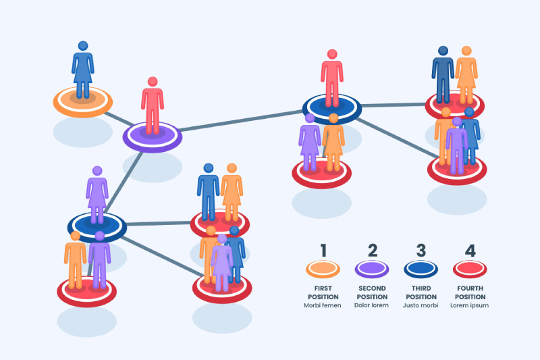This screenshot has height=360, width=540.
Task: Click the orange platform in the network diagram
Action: point(82,102)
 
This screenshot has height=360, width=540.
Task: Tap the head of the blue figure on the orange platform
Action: point(83,46)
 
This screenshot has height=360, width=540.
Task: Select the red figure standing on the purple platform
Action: point(153,105)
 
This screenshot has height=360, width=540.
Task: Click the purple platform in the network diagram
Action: point(153,137)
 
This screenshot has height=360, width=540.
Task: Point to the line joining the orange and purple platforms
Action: point(119,119)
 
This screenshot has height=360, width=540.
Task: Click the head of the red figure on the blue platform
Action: point(332,54)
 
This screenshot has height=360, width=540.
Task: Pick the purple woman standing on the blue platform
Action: point(97,195)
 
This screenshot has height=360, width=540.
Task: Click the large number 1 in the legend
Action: point(323,251)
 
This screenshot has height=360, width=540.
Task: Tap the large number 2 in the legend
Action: point(373,251)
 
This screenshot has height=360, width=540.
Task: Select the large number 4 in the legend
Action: point(470,251)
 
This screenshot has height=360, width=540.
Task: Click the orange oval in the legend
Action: point(323,269)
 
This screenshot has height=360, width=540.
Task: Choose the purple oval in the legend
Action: point(372,269)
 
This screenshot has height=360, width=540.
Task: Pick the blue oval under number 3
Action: point(421,269)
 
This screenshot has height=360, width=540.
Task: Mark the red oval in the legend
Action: point(470,269)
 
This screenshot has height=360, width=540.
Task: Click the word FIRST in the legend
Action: point(323,288)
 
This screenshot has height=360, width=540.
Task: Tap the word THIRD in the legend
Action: point(421,288)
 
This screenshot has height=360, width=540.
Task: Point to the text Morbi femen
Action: point(323,305)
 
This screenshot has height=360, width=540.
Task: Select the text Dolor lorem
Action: point(371,305)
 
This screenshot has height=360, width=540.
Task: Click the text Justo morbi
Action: point(421,305)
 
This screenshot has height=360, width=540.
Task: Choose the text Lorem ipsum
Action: point(469,305)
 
